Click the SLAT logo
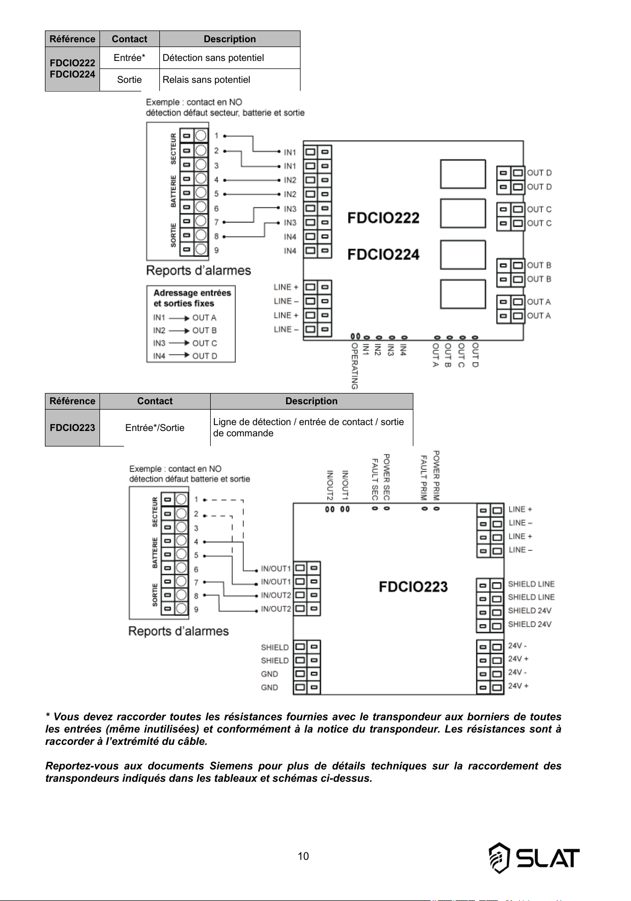[534, 858]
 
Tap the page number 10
[303, 856]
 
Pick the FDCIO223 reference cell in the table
[72, 428]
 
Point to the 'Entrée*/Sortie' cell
[155, 428]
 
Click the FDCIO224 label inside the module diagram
[383, 255]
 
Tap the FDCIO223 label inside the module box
[413, 587]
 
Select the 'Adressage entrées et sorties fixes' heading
[192, 298]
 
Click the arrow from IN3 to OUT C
[179, 343]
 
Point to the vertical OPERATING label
[355, 366]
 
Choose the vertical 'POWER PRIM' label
[436, 475]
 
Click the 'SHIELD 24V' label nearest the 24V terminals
[529, 624]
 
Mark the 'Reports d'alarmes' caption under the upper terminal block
[198, 271]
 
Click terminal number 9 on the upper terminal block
[217, 250]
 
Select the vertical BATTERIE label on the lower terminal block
[155, 553]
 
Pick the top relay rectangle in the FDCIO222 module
[463, 174]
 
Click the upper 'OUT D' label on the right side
[540, 173]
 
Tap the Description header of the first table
[229, 39]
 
